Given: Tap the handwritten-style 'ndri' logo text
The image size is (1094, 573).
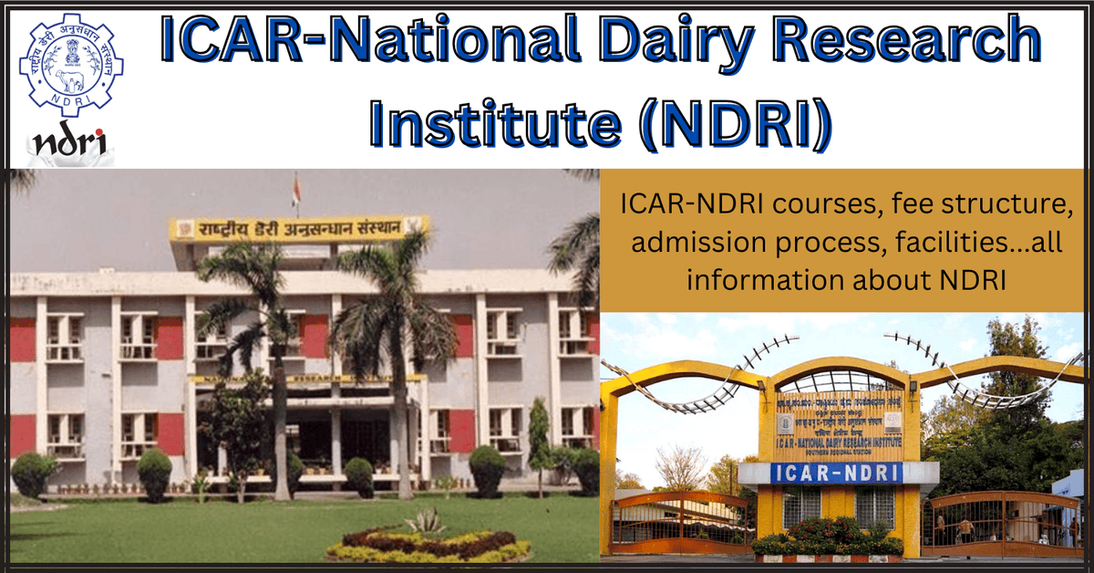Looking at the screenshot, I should [x=69, y=144].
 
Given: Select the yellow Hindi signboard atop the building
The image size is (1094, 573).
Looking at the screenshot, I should [x=299, y=228].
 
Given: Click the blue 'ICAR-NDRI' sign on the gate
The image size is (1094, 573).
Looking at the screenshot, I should [x=837, y=473].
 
